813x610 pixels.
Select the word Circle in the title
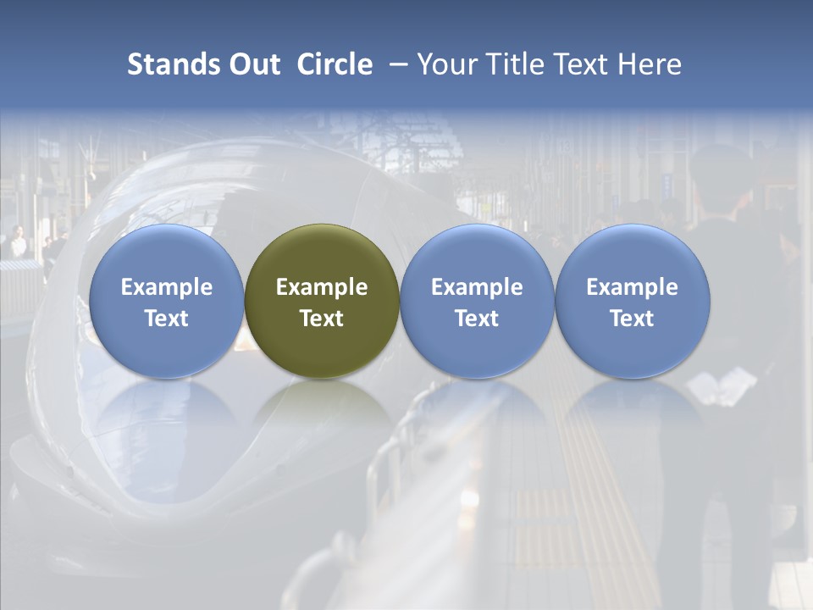pyautogui.click(x=335, y=64)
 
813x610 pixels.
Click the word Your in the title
pyautogui.click(x=445, y=64)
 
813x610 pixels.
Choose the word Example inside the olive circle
pyautogui.click(x=322, y=287)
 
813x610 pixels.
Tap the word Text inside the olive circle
pyautogui.click(x=322, y=319)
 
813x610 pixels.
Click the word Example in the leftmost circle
pyautogui.click(x=167, y=287)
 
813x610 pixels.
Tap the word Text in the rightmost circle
pyautogui.click(x=632, y=319)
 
